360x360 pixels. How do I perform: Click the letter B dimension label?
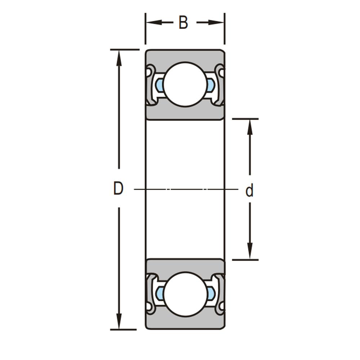(183, 22)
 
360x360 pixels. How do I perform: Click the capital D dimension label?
(118, 188)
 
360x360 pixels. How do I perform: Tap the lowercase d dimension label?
(249, 190)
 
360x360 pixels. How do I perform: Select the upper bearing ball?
(185, 85)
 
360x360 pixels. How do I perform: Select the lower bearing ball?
(185, 294)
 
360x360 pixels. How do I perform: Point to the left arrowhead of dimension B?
(153, 22)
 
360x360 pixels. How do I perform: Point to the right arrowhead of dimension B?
(216, 22)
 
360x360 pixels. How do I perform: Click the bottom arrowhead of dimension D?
(119, 321)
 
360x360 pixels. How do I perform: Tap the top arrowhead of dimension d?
(250, 127)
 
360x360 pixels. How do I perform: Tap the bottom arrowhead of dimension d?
(250, 251)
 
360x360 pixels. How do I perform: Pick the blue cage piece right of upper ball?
(211, 85)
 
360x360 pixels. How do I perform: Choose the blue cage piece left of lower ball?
(160, 294)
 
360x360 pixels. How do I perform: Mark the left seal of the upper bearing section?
(150, 85)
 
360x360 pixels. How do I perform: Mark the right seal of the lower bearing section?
(221, 294)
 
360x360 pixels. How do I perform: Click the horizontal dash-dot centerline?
(186, 189)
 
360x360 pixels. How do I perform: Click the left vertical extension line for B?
(145, 29)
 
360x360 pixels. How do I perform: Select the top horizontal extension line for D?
(125, 50)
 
